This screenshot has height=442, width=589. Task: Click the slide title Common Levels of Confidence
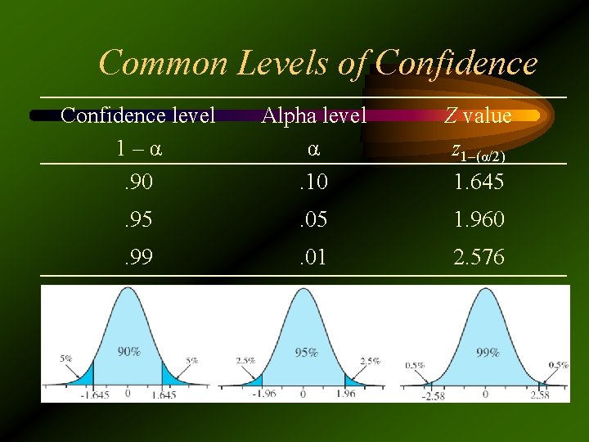click(317, 63)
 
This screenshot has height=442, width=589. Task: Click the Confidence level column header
click(137, 115)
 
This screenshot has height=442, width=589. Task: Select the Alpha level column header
click(313, 115)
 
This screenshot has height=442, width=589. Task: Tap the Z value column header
click(478, 115)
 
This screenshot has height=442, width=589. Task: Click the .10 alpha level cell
click(312, 182)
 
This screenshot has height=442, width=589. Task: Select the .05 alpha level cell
click(312, 219)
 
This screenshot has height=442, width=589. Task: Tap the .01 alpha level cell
click(312, 259)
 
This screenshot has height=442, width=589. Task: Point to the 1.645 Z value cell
click(479, 182)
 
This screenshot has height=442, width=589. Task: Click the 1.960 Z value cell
click(479, 219)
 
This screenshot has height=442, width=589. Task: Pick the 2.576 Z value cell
click(479, 259)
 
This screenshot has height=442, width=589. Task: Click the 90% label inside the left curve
click(128, 351)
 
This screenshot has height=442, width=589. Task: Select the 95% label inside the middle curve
click(307, 353)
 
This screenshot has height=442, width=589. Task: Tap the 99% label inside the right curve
click(488, 353)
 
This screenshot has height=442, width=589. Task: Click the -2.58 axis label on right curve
click(433, 396)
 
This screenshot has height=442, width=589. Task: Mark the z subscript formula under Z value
click(479, 153)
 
